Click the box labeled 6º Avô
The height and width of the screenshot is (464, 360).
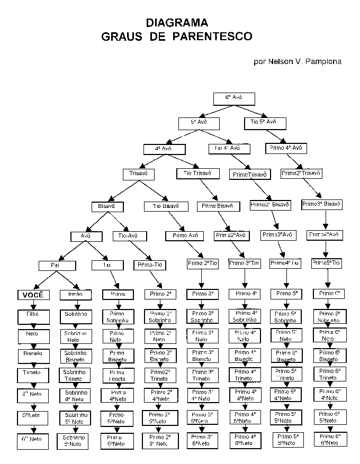(x=234, y=98)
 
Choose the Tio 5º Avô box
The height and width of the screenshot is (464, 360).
(x=264, y=122)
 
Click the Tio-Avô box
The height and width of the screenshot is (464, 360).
(x=129, y=235)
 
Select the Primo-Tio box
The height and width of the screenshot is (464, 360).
(x=150, y=265)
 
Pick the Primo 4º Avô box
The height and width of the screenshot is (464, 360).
(x=286, y=148)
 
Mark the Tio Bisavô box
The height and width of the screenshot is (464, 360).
(x=166, y=206)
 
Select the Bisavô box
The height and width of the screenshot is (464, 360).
(x=107, y=206)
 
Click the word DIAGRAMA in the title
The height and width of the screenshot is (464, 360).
(x=177, y=23)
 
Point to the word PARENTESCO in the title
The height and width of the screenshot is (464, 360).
(x=212, y=37)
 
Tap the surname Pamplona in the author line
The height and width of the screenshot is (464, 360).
(x=322, y=61)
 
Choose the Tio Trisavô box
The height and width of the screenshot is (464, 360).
(x=197, y=173)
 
